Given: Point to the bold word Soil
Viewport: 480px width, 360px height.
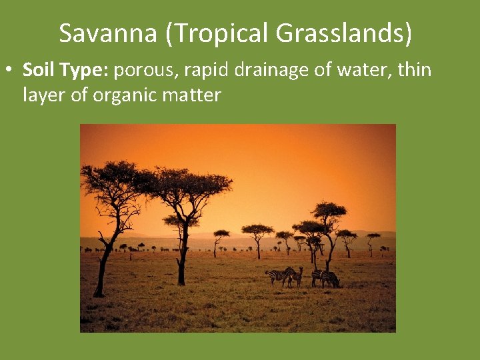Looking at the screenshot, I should pyautogui.click(x=37, y=69).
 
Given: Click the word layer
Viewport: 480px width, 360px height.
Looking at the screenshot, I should pyautogui.click(x=43, y=95).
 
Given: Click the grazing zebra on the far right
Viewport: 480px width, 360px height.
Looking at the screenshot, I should pyautogui.click(x=329, y=279).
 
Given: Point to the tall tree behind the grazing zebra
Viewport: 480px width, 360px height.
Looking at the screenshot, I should pyautogui.click(x=329, y=220).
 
